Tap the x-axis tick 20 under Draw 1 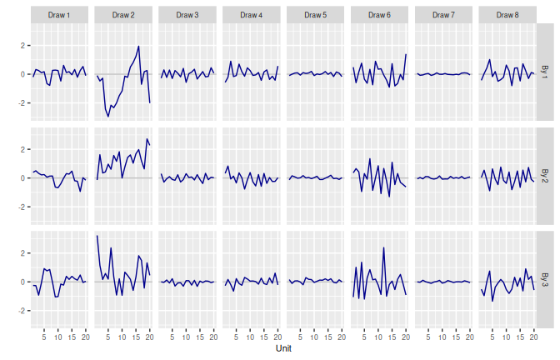[86, 337]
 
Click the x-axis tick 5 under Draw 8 [492, 337]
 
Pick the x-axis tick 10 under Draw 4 [250, 337]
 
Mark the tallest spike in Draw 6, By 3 [383, 247]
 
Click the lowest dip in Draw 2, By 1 [108, 116]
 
